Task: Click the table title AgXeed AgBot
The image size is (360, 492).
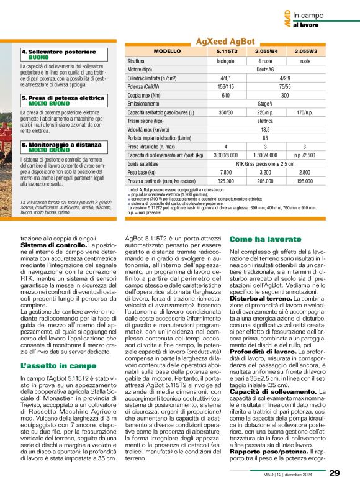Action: click(225, 41)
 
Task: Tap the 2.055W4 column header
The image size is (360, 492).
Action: click(266, 52)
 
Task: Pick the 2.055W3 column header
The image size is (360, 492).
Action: click(305, 52)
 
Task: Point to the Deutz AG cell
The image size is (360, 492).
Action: click(266, 70)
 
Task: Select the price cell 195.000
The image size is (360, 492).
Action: click(305, 180)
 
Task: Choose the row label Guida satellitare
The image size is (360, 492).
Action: click(146, 163)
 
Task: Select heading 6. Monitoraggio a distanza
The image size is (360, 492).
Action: click(61, 144)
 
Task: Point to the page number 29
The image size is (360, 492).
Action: click(334, 473)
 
